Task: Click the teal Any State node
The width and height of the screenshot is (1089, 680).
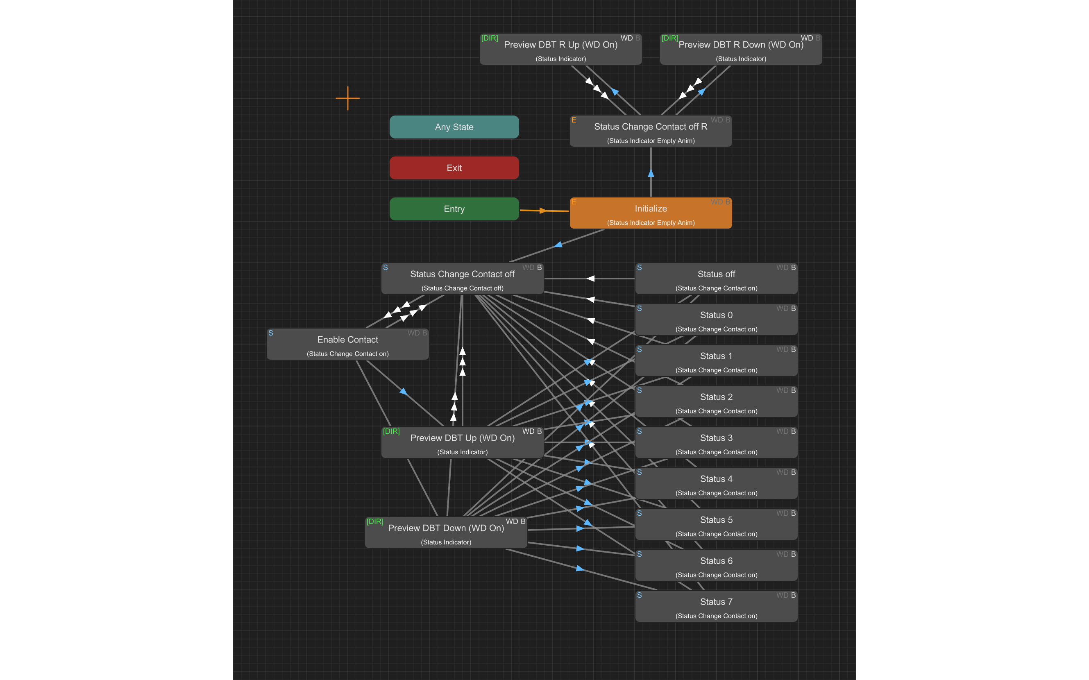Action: coord(454,127)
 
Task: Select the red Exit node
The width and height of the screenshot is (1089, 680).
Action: coord(454,168)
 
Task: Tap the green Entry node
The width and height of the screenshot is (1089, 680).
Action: coord(454,209)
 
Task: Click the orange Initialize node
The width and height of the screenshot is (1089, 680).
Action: coord(651,213)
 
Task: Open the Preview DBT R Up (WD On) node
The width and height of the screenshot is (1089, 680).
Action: coord(560,50)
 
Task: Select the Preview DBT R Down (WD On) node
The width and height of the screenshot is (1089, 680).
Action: coord(741,50)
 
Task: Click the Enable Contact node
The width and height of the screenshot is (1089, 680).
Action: coord(347,344)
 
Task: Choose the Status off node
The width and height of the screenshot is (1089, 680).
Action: coord(716,279)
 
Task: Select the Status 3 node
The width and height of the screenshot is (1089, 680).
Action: coord(716,442)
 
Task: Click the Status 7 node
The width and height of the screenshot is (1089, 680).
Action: coord(716,606)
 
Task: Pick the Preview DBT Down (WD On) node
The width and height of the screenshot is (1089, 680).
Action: coord(446,533)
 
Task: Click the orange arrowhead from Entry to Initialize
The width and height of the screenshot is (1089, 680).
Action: coord(543,211)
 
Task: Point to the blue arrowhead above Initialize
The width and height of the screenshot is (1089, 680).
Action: coord(651,173)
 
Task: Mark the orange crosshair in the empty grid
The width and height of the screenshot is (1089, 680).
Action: coord(348,98)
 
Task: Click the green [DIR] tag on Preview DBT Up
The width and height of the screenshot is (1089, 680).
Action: coord(391,431)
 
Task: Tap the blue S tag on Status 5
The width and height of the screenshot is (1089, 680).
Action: coord(639,513)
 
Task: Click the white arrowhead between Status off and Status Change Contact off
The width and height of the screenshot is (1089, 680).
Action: coord(590,279)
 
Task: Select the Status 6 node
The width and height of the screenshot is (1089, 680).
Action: coord(716,565)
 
